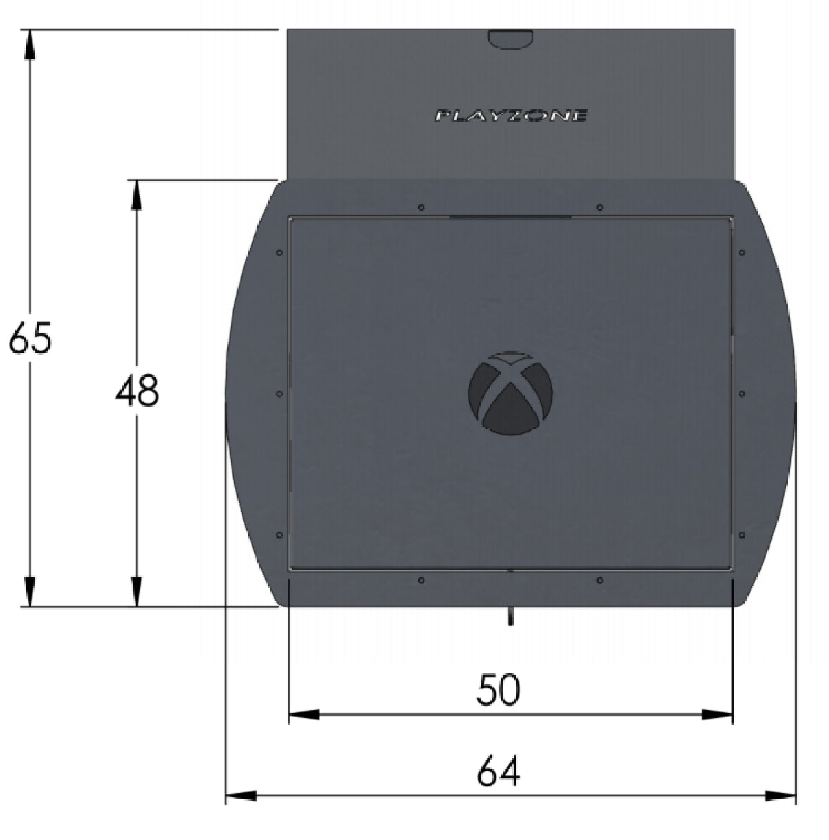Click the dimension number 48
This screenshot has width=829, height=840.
click(137, 391)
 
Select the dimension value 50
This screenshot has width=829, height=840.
click(498, 690)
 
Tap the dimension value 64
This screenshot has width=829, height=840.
click(498, 772)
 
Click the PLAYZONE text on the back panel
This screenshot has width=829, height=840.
click(511, 115)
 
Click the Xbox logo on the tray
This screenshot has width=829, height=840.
click(510, 393)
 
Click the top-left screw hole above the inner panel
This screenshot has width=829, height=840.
click(421, 207)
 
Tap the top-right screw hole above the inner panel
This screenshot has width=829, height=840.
click(599, 207)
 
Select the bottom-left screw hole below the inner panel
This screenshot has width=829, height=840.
click(421, 579)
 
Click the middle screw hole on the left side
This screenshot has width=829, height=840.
click(279, 393)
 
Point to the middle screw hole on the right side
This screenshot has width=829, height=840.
click(741, 393)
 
